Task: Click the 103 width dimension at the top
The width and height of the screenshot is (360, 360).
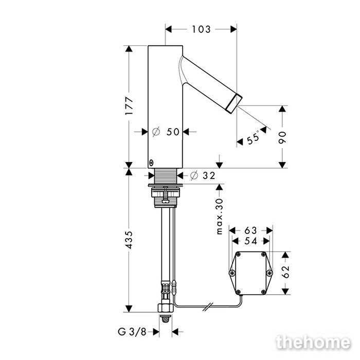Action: (x=201, y=29)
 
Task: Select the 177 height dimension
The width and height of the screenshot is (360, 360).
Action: (x=129, y=106)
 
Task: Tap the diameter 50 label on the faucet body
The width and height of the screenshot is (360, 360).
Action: (x=166, y=132)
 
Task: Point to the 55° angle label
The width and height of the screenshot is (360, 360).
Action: (x=254, y=137)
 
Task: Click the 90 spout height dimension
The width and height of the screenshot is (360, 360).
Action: (x=282, y=137)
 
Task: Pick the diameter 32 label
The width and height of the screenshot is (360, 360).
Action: (x=203, y=176)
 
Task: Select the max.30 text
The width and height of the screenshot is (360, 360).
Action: (x=220, y=217)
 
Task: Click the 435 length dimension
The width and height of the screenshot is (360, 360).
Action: (x=129, y=240)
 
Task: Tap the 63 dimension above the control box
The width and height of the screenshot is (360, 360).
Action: (x=251, y=230)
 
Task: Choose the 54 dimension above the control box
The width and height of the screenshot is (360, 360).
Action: (x=251, y=241)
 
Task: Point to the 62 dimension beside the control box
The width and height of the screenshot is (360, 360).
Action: (x=285, y=272)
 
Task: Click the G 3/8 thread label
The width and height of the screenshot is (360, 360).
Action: (x=132, y=332)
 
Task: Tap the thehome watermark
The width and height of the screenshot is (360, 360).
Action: (x=313, y=343)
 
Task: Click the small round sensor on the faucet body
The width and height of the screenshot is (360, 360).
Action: (x=151, y=163)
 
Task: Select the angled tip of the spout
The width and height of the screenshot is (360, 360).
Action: (x=235, y=103)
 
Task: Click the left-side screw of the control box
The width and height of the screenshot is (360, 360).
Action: (x=232, y=273)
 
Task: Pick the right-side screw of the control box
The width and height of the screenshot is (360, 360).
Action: (x=269, y=273)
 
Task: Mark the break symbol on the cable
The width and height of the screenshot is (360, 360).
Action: (x=208, y=307)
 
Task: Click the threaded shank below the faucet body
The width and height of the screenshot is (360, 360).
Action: (x=165, y=176)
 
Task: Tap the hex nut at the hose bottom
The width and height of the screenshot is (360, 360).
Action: (x=165, y=308)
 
